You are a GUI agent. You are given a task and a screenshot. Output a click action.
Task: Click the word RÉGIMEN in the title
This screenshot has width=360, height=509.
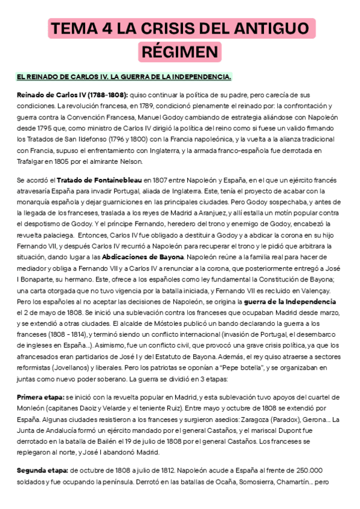tap(179, 52)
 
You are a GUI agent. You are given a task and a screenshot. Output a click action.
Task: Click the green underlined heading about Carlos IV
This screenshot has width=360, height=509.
tap(124, 77)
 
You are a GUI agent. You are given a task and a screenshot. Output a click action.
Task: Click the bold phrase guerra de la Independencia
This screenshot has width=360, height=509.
tap(293, 301)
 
